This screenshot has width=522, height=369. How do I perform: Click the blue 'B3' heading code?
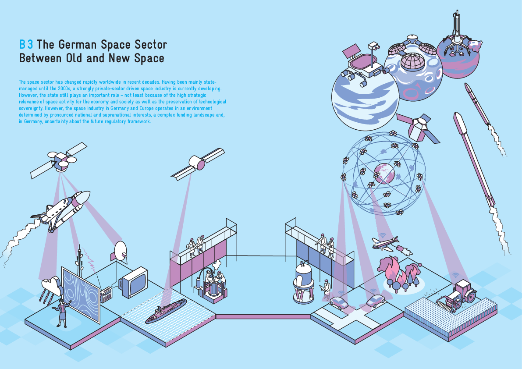point(26,45)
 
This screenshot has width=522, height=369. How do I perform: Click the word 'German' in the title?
point(77,45)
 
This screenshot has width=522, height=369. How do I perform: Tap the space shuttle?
point(61,210)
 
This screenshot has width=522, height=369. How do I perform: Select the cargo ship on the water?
point(166,312)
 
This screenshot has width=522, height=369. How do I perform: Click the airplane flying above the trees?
point(386,243)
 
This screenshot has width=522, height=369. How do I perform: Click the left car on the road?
point(339,303)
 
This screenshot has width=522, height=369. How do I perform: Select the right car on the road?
point(376,301)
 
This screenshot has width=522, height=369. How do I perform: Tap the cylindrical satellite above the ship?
point(198,163)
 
